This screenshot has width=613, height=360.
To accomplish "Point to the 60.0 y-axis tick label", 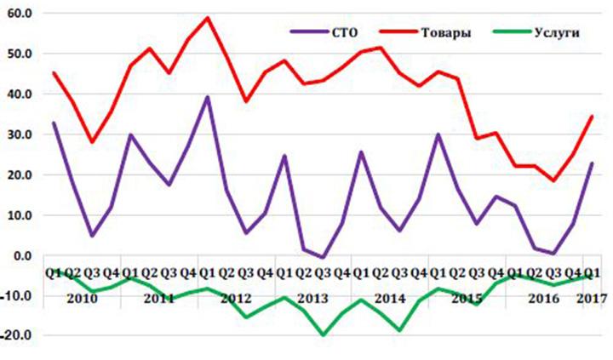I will pyautogui.click(x=17, y=14).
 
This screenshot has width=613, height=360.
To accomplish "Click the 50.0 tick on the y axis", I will pyautogui.click(x=17, y=54).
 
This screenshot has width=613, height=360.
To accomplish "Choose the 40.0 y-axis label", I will pyautogui.click(x=17, y=94).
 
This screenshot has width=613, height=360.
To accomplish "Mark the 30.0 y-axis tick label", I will pyautogui.click(x=17, y=134).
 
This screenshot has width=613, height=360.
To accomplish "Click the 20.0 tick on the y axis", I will pyautogui.click(x=17, y=174).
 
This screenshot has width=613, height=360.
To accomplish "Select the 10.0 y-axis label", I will pyautogui.click(x=17, y=215).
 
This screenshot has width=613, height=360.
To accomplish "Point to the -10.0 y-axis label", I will pyautogui.click(x=15, y=295).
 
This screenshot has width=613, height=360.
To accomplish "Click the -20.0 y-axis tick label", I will pyautogui.click(x=15, y=335).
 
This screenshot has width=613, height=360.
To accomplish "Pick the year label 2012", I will pyautogui.click(x=236, y=300).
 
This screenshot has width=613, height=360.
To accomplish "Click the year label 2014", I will pyautogui.click(x=390, y=300).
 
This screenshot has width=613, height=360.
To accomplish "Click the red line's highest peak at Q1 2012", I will pyautogui.click(x=208, y=17).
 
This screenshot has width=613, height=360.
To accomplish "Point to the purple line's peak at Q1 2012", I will pyautogui.click(x=208, y=97).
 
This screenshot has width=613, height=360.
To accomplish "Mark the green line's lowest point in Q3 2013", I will pyautogui.click(x=323, y=334).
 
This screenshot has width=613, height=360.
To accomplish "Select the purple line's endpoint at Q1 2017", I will pyautogui.click(x=592, y=163).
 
